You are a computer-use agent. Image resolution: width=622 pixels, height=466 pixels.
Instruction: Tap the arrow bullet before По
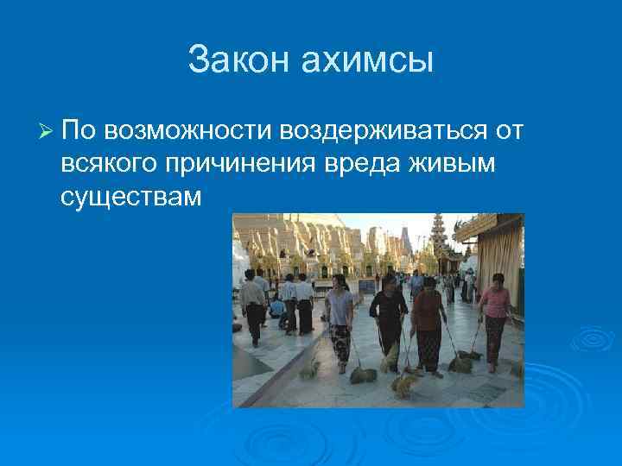click(47, 131)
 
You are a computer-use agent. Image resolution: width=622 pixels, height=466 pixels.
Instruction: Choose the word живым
click(455, 164)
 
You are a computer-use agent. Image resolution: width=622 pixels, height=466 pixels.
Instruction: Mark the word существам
click(131, 197)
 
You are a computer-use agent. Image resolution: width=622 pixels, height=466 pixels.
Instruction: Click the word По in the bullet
click(80, 131)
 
